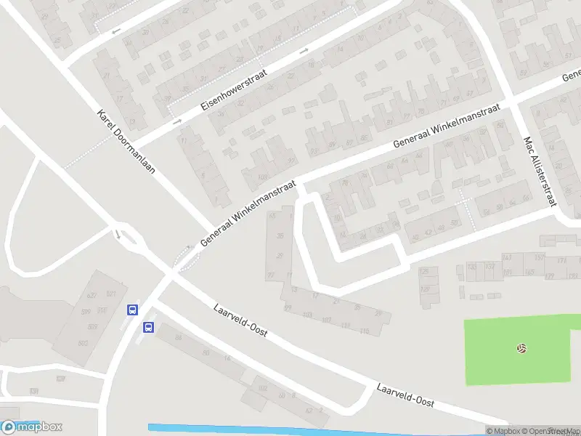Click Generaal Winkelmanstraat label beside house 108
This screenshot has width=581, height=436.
248,214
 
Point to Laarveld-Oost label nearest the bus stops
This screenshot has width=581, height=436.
241,320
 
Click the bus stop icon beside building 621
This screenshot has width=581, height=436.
132,310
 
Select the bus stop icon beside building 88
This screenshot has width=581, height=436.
148,327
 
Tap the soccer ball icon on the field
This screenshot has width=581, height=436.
521,349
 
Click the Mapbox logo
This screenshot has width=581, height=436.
32,427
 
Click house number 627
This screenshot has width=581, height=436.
92,296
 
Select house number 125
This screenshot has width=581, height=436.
424,272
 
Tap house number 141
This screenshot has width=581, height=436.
507,258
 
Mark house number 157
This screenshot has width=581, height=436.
539,257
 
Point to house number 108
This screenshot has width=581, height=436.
262,177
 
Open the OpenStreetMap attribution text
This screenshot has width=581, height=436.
544,431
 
